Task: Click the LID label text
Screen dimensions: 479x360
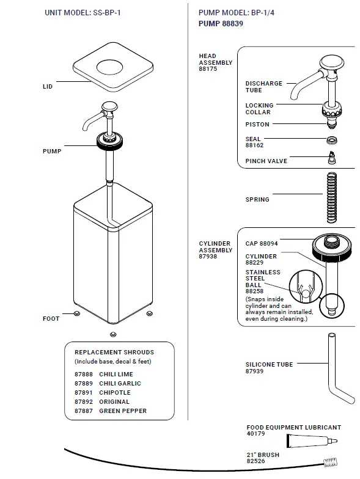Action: [47, 87]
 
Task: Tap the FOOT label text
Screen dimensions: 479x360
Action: [51, 318]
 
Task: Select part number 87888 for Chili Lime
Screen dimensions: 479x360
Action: [84, 374]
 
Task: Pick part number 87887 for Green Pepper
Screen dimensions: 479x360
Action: [84, 411]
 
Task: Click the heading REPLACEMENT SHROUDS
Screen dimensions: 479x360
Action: [114, 352]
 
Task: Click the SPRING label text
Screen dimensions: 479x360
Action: [257, 199]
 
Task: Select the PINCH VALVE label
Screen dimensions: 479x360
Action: [266, 161]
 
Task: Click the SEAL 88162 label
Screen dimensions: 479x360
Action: [254, 142]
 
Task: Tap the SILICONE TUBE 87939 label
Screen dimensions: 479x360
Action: [269, 367]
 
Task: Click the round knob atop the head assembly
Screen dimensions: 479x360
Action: [331, 62]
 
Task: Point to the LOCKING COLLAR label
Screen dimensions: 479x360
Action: [259, 109]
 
